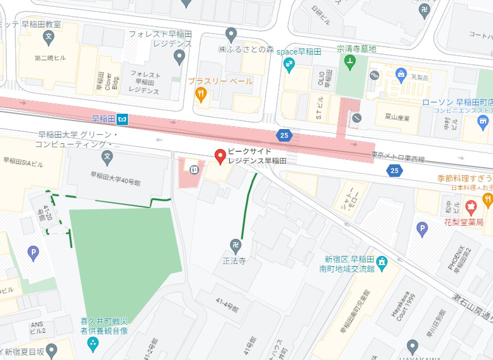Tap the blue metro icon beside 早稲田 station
(x=123, y=119)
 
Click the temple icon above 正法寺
(x=235, y=246)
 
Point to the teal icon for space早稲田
(x=289, y=65)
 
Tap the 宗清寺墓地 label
(x=357, y=49)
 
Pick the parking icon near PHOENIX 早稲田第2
(x=421, y=229)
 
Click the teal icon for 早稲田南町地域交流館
(x=382, y=262)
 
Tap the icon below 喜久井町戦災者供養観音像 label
(x=93, y=344)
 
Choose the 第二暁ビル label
(x=47, y=57)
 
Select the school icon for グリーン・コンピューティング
(x=107, y=156)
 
